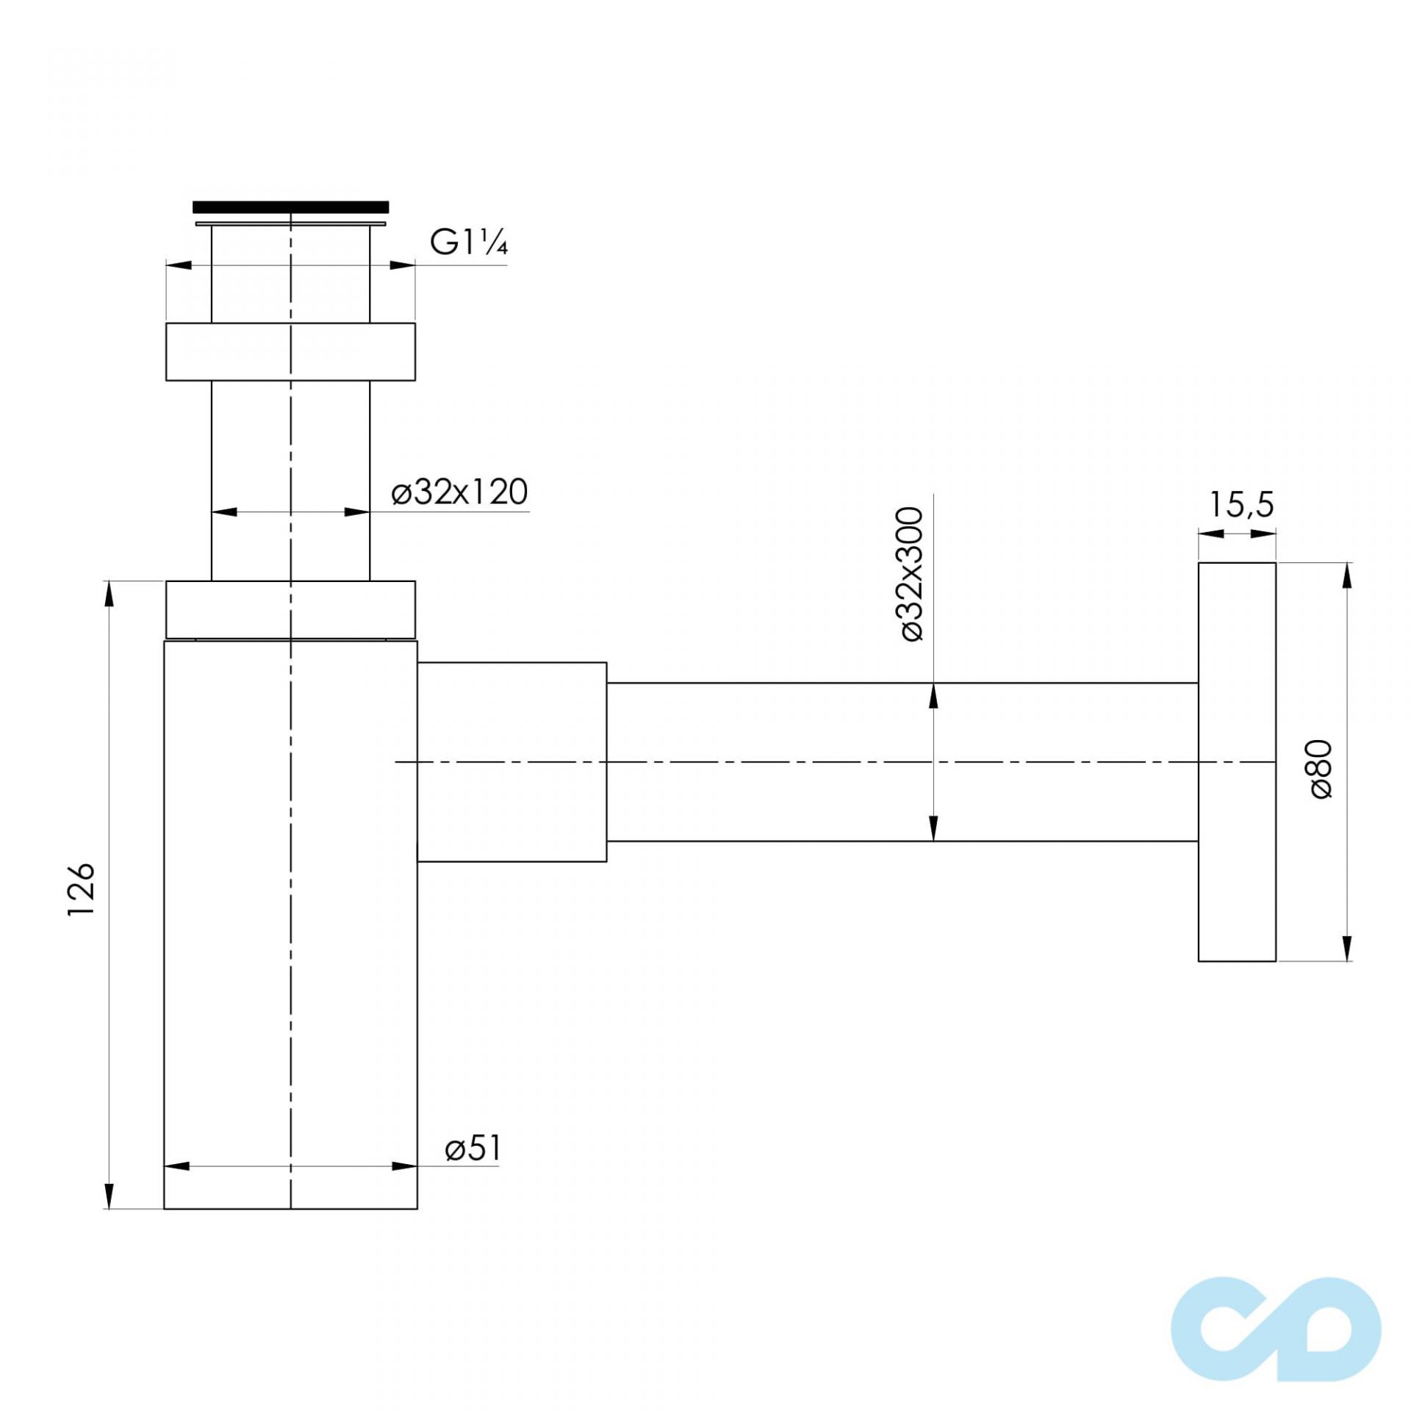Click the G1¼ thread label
tap(468, 242)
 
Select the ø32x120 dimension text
tap(459, 492)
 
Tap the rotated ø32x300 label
tap(911, 574)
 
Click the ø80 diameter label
tap(1321, 770)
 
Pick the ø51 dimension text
tap(473, 1148)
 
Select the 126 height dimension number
tap(82, 889)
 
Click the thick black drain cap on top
tap(290, 207)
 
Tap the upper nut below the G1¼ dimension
tap(290, 351)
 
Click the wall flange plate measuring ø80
tap(1237, 761)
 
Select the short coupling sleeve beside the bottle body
tap(511, 761)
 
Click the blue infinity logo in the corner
tap(1276, 1329)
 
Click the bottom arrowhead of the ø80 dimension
tap(1346, 948)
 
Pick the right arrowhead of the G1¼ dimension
tap(402, 265)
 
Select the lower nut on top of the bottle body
tap(290, 610)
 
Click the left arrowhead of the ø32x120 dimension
tap(224, 511)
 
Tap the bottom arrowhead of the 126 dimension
tap(109, 1195)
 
